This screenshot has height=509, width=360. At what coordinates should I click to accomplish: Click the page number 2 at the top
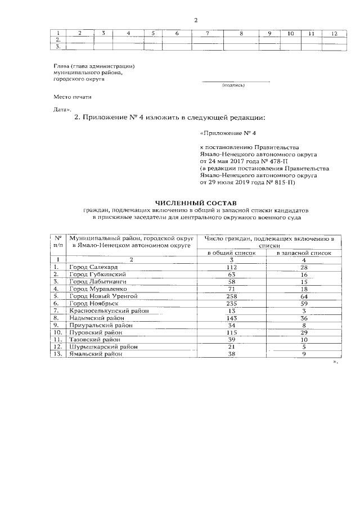pyautogui.click(x=195, y=20)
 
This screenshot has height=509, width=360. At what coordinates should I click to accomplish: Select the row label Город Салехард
pyautogui.click(x=93, y=266)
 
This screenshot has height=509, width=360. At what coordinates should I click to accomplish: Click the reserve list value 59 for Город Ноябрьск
pyautogui.click(x=304, y=303)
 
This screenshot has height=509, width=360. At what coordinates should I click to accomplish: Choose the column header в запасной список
pyautogui.click(x=304, y=253)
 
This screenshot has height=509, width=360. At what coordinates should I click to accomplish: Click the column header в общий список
pyautogui.click(x=232, y=253)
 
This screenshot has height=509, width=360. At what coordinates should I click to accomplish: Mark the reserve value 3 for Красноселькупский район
pyautogui.click(x=304, y=310)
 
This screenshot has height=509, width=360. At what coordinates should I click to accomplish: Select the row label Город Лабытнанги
pyautogui.click(x=97, y=281)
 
